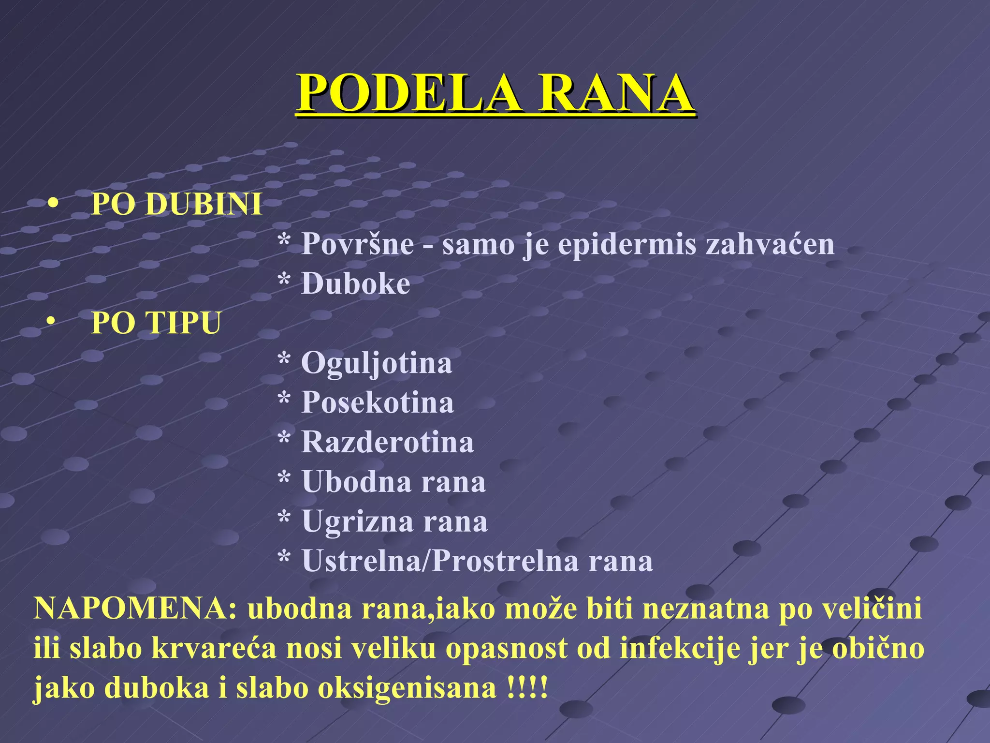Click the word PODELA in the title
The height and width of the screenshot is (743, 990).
pos(409,93)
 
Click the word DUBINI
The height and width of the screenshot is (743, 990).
pos(204,204)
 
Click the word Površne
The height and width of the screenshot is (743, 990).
pos(358,244)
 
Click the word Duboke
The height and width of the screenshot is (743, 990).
pos(355,283)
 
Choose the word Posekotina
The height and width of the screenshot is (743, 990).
pos(378,402)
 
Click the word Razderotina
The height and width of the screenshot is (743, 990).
pos(387,442)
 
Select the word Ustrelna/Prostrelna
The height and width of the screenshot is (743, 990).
pos(440,561)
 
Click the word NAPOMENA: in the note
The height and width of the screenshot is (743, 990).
pos(135,609)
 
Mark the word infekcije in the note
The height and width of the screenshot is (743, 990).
pos(680,648)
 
